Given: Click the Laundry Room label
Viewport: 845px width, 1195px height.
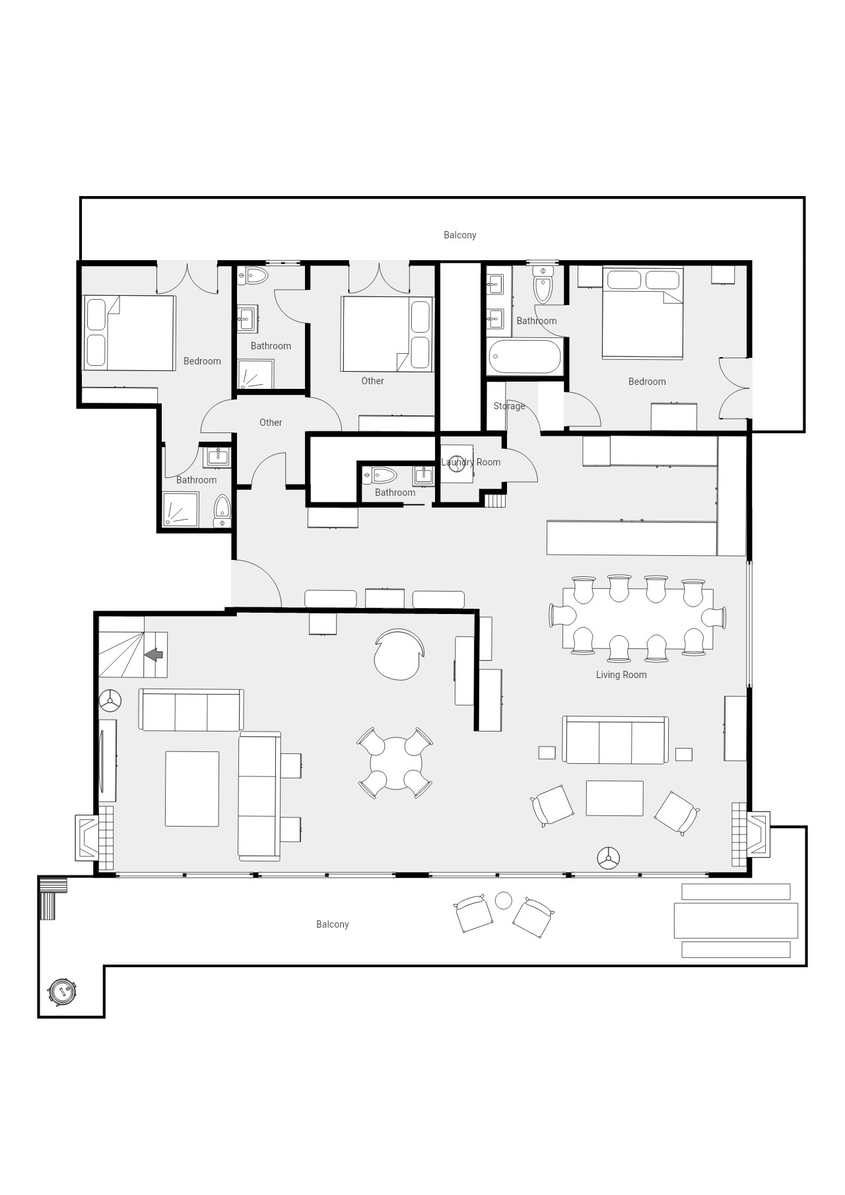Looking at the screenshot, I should click(471, 462).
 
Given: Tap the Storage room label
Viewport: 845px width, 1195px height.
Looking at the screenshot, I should click(509, 406).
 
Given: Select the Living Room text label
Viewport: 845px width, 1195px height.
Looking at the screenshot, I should click(621, 675).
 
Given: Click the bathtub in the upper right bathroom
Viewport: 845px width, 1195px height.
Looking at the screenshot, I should click(525, 357).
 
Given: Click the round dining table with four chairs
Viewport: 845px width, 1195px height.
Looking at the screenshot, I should click(395, 764).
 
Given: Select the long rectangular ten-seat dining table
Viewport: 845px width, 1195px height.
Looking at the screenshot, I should click(637, 619).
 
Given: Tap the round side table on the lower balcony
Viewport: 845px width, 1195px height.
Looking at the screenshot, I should click(503, 900).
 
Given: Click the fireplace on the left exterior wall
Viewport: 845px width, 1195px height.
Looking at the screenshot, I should click(88, 837).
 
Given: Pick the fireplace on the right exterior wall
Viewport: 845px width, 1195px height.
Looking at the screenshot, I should click(757, 834).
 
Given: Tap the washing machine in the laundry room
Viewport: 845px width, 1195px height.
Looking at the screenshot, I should click(457, 464).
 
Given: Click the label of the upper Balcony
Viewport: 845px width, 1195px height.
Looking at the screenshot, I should click(459, 235).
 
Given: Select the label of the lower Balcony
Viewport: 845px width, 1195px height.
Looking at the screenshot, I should click(332, 924).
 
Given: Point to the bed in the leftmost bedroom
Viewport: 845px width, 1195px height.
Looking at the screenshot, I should click(129, 333).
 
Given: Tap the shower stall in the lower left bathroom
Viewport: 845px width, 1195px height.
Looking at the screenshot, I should click(180, 509).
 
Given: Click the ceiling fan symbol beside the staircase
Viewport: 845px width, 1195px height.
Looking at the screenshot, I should click(110, 701).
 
